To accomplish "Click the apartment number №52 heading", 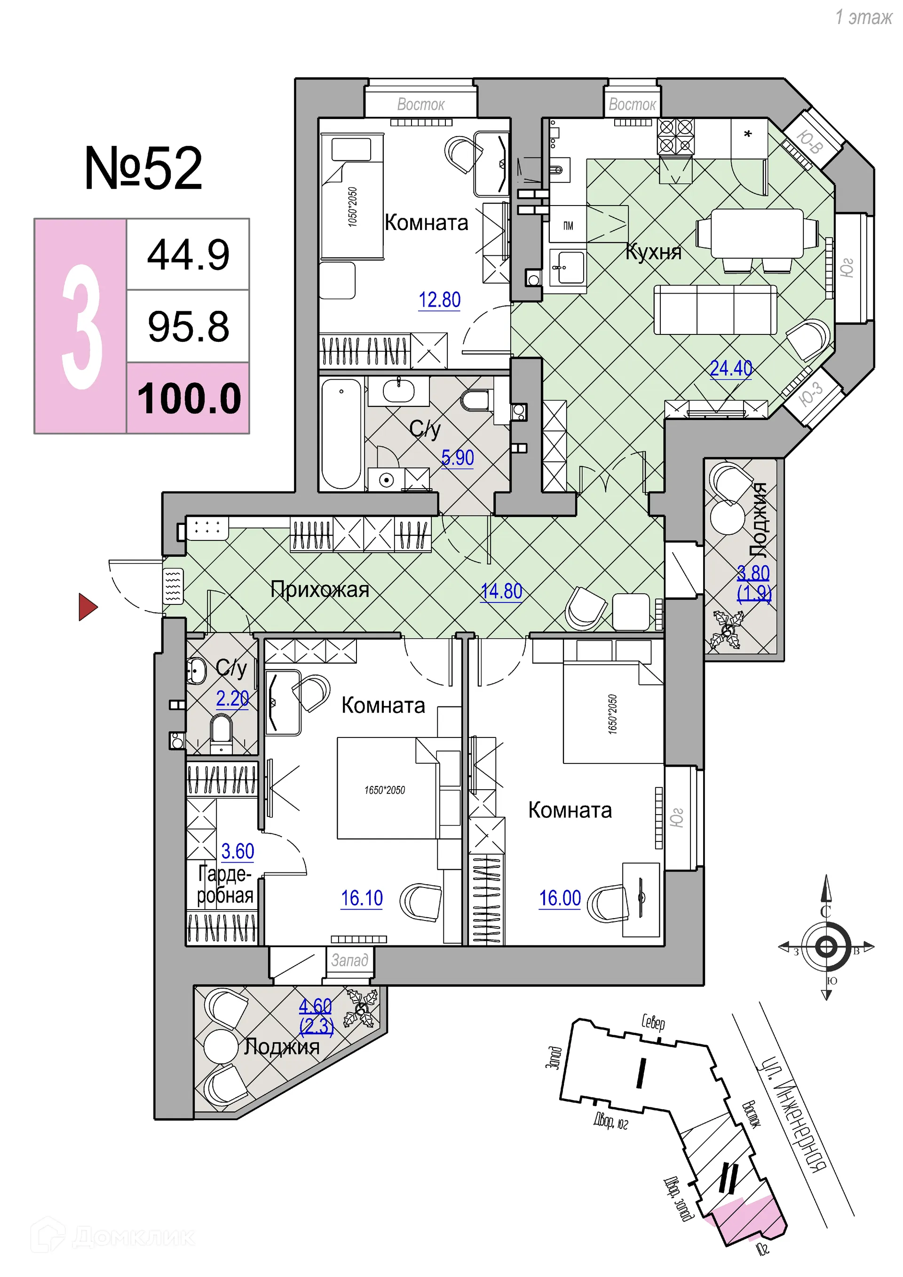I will [143, 168].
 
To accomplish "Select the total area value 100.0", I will [189, 398].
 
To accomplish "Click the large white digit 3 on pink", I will [82, 326].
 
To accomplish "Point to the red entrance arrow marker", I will [87, 606].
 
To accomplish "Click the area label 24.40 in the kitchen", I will [730, 368].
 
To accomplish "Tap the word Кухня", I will [653, 252].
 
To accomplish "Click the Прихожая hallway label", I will [320, 589].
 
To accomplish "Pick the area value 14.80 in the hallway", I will [501, 591].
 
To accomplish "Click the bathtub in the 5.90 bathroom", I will [341, 434].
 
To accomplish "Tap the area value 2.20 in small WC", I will [232, 698].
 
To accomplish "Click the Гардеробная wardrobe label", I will [225, 884].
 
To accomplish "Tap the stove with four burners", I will [675, 136].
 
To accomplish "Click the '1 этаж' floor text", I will [863, 17].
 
